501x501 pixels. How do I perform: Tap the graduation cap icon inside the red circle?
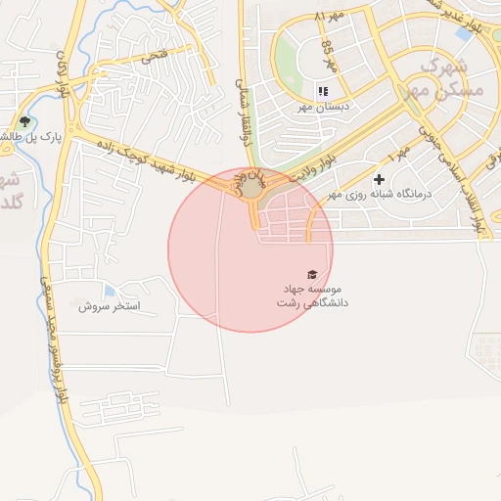[312, 275]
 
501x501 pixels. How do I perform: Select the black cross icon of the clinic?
[379, 179]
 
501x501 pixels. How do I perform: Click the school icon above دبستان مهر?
[322, 91]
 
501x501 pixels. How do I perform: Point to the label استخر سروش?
[110, 306]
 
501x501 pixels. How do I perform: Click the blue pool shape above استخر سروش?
[109, 291]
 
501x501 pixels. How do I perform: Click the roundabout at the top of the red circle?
[251, 186]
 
